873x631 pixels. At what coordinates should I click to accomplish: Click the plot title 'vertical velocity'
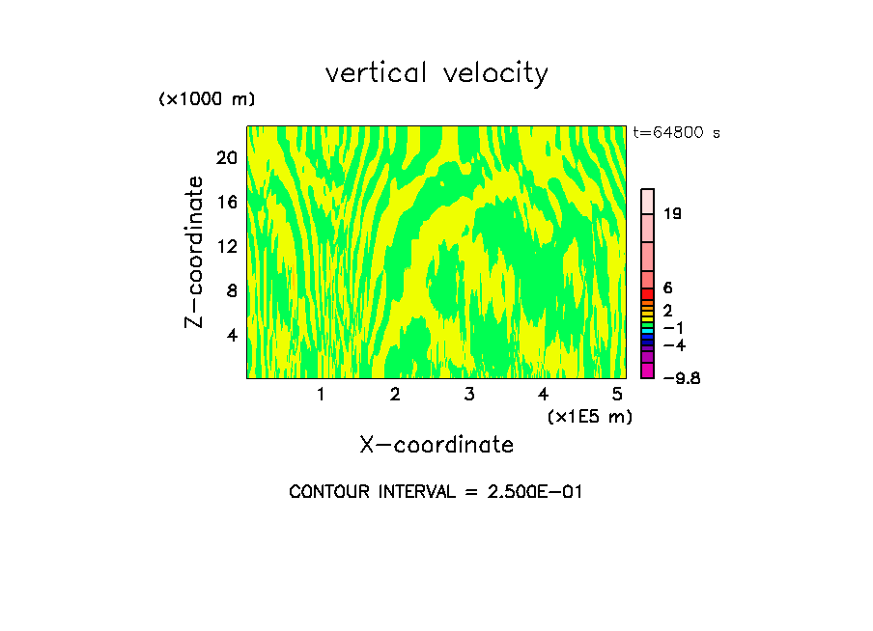point(436,73)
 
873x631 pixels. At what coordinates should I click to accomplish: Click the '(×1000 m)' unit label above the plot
point(207,99)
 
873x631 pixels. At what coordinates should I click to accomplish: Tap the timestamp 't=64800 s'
point(676,133)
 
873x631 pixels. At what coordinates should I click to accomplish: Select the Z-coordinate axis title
point(195,252)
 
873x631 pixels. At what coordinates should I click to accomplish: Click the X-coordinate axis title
point(436,445)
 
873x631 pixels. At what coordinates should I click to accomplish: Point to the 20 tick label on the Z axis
point(226,157)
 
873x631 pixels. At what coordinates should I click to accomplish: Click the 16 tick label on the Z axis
point(226,202)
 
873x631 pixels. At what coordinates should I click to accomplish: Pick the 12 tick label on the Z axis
point(226,246)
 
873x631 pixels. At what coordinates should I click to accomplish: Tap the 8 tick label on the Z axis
point(231,290)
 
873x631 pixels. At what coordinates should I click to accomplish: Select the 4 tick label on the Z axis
point(231,335)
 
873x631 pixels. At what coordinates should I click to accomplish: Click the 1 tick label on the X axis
point(321,395)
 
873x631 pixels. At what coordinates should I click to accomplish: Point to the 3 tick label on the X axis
point(469,395)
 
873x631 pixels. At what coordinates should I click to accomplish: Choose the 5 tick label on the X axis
point(617,395)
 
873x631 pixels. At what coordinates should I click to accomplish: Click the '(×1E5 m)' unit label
point(589,416)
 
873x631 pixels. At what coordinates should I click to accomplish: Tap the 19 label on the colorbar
point(673,213)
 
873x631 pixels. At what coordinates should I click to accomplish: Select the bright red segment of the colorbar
point(648,293)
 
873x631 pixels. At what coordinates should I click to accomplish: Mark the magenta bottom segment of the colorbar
point(648,370)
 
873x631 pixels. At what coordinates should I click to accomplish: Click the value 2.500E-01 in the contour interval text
point(530,492)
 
